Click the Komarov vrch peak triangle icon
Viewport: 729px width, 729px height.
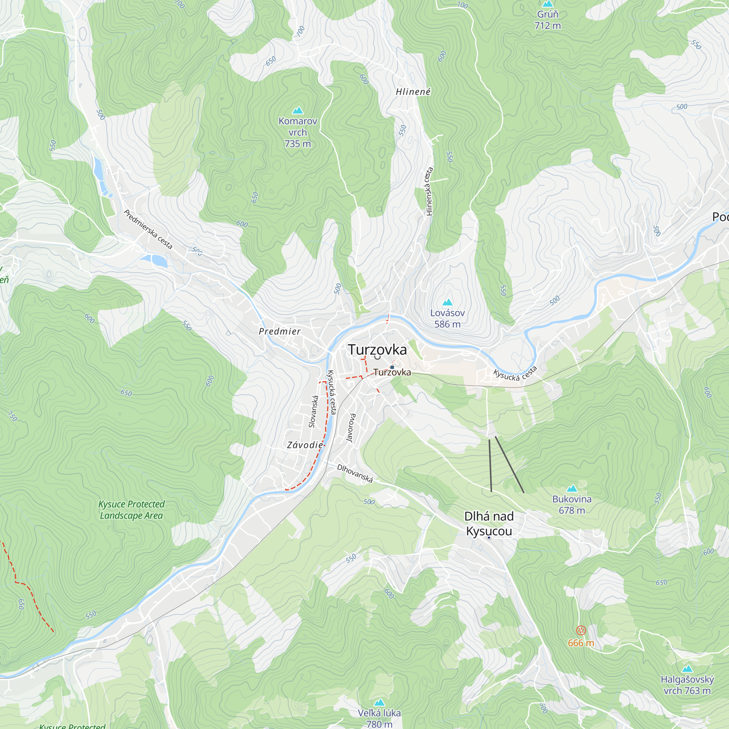(298, 110)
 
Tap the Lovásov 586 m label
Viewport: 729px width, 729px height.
(447, 319)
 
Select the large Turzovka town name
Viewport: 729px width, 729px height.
(377, 350)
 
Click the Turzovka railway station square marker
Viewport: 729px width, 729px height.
(392, 367)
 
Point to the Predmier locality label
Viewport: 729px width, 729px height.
(280, 331)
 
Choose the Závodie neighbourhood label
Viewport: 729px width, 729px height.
(305, 445)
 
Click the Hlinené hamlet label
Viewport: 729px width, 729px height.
(413, 92)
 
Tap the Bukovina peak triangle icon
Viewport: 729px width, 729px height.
(572, 489)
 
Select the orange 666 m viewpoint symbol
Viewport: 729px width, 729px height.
(581, 630)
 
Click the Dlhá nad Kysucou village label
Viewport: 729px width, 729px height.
(489, 524)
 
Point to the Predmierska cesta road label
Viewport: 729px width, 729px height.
(148, 229)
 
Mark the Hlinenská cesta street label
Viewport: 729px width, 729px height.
(429, 191)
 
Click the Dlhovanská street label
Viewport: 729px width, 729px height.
(355, 473)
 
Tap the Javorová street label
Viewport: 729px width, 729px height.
(351, 428)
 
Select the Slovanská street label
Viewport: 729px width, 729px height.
(313, 411)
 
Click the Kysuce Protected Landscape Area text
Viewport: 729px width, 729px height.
(131, 510)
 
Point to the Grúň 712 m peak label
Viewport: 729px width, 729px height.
(547, 20)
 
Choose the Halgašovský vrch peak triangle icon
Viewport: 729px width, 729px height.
(687, 668)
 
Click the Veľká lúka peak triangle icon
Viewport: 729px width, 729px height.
(379, 702)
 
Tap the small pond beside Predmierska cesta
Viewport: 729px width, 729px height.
(154, 260)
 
